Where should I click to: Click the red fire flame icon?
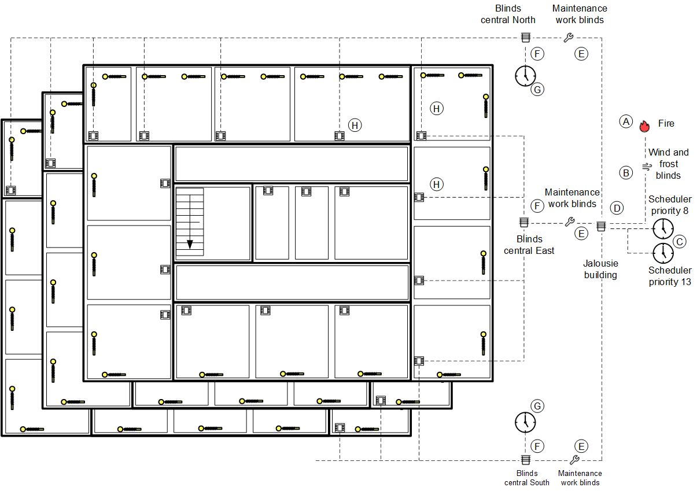point(644,126)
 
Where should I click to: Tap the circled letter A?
point(625,121)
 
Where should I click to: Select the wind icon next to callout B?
point(646,167)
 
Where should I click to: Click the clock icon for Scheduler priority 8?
point(663,228)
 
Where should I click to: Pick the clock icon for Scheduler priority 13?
point(663,253)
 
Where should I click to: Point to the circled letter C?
point(680,241)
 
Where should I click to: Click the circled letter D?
point(617,208)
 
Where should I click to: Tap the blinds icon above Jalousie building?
point(601,226)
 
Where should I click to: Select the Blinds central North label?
point(508,14)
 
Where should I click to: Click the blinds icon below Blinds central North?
point(525,38)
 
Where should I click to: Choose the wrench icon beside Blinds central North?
point(568,38)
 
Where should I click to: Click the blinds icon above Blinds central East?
point(523,222)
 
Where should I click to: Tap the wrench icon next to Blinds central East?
point(569,222)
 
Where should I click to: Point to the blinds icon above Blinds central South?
point(525,460)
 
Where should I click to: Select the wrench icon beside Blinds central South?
point(574,460)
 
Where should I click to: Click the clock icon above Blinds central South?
point(525,422)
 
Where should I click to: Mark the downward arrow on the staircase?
point(190,244)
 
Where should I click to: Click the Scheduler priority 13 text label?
point(670,276)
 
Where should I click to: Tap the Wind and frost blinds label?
point(668,164)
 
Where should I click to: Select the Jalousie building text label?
point(600,269)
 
